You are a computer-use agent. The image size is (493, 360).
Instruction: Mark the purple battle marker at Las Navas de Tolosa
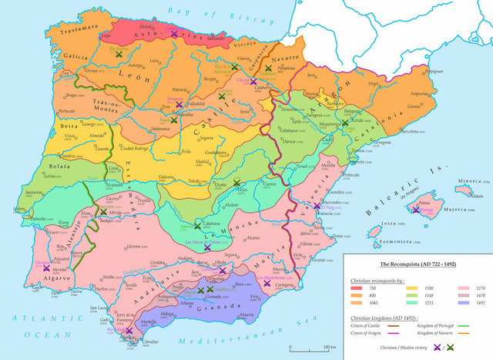(x=207, y=248)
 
